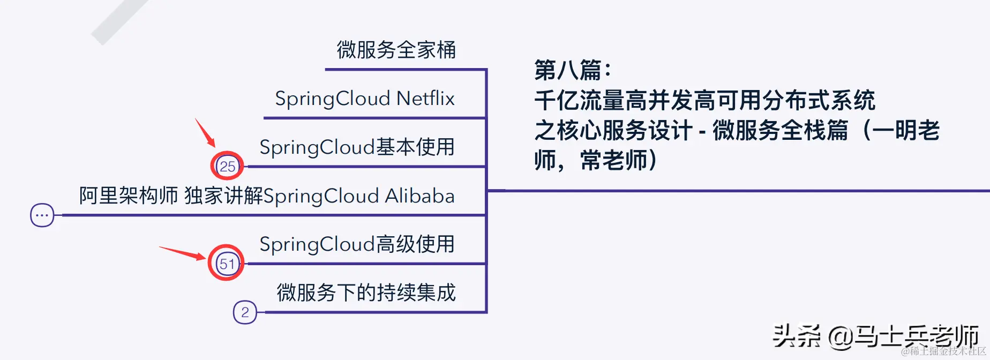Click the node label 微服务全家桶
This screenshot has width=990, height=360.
pos(396,50)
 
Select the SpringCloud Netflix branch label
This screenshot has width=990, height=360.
pos(364,99)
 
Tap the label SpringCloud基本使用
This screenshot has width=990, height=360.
pos(357,147)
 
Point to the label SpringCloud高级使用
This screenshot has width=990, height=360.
pos(357,244)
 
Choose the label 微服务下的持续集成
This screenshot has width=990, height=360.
pos(366,292)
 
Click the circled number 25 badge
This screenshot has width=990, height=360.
pos(227,166)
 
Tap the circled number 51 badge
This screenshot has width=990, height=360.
pos(227,264)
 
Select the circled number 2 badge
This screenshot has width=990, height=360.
pos(245,312)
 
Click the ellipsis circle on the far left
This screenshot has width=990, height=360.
pos(42,215)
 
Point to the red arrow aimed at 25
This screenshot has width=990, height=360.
pos(205,132)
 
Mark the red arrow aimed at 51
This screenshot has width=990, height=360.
pos(182,252)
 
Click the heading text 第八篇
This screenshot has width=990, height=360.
pos(572,70)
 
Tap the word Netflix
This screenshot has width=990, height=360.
pos(425,99)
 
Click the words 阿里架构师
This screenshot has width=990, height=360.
pos(128,196)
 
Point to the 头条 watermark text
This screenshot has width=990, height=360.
pos(796,336)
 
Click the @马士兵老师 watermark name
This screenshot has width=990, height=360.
pos(903,336)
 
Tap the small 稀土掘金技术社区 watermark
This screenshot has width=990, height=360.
pos(943,351)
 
